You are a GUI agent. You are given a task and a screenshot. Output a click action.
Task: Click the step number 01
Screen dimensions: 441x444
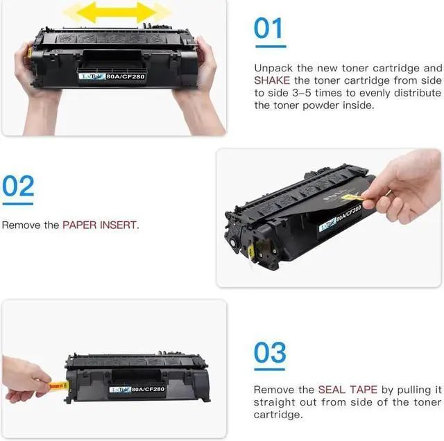click(x=269, y=28)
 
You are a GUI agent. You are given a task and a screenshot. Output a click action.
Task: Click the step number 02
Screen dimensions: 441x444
click(x=18, y=187)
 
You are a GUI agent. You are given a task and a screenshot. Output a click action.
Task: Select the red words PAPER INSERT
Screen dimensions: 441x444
click(x=100, y=225)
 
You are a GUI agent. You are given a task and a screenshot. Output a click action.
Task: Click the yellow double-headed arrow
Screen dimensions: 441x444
click(x=117, y=12)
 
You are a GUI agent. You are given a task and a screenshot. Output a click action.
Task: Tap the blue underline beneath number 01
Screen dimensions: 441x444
click(x=269, y=46)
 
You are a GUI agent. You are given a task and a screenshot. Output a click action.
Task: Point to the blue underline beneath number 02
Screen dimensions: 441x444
click(x=18, y=204)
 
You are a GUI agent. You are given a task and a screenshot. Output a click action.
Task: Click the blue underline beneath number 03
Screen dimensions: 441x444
click(x=270, y=370)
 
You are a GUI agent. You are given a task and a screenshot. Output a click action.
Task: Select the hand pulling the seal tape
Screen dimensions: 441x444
click(x=24, y=378)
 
